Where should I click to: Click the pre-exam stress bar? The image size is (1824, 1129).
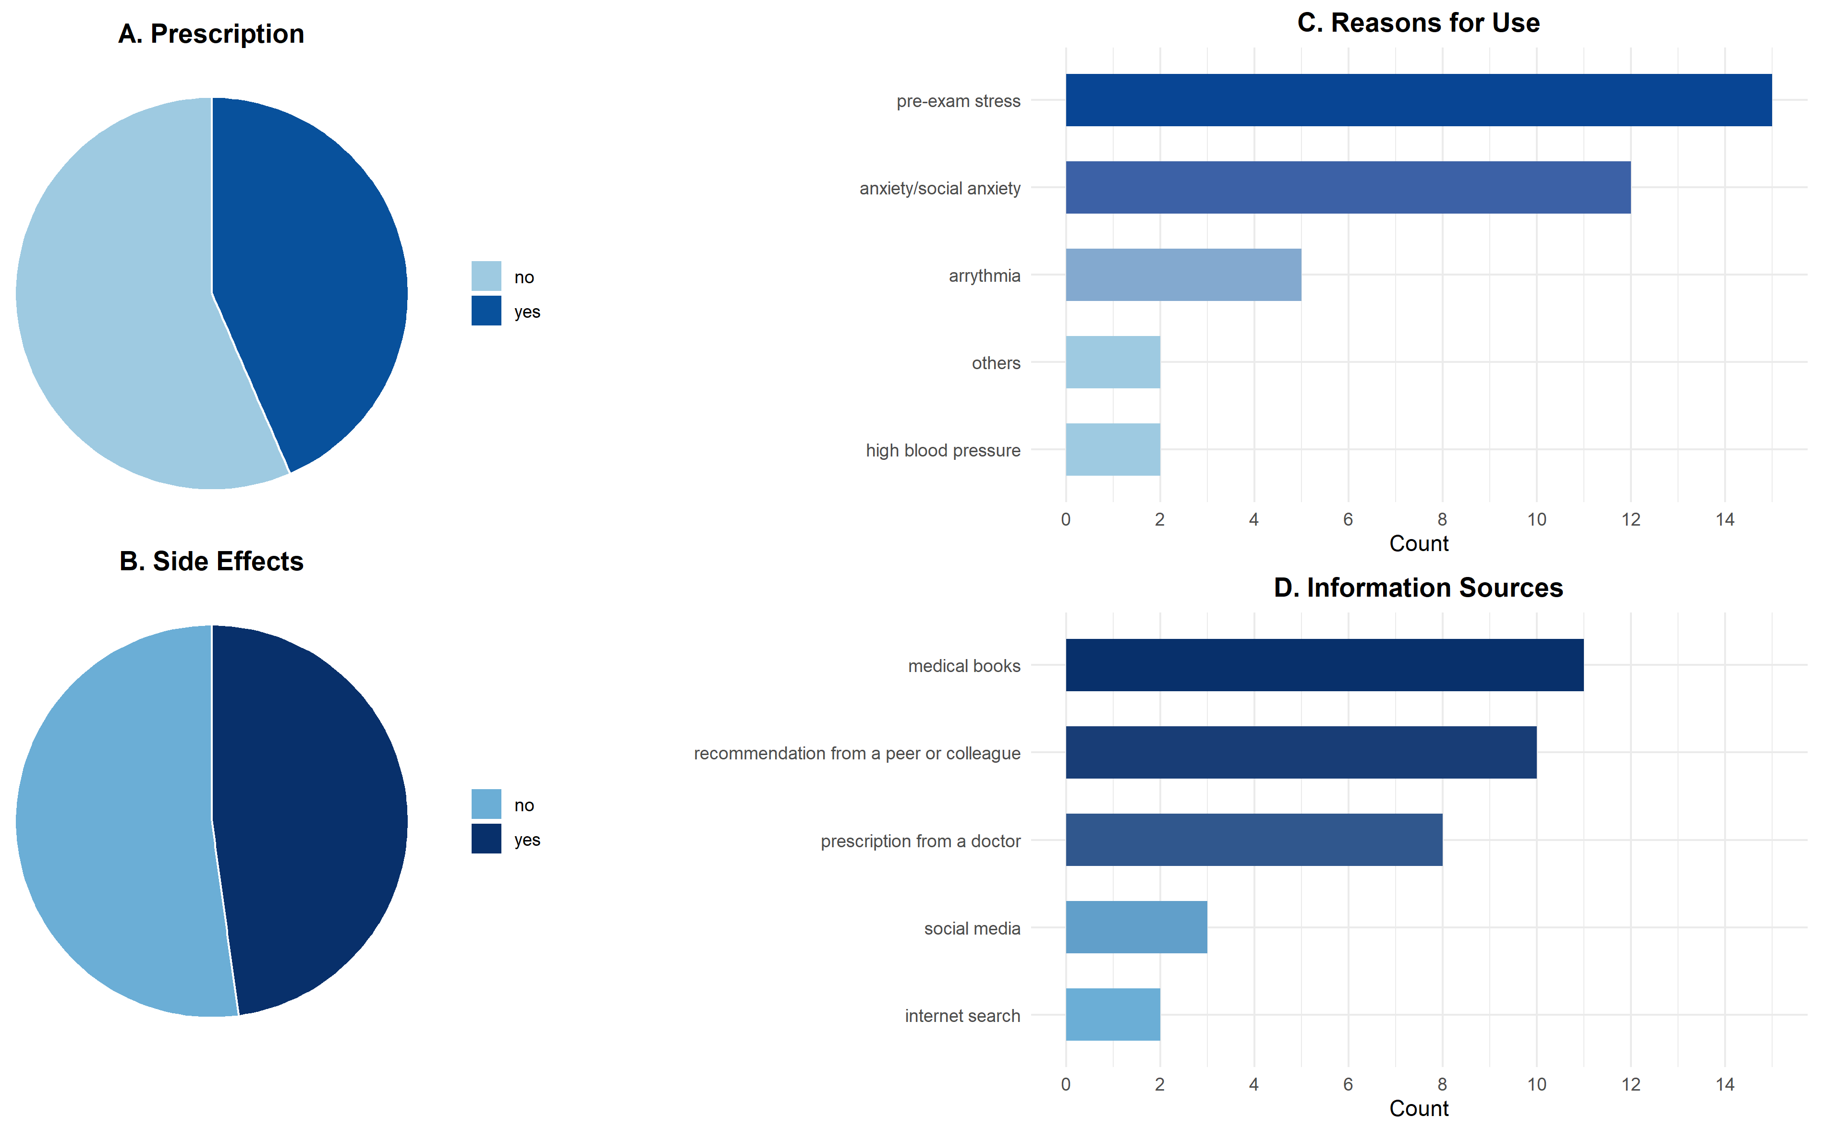coord(1418,100)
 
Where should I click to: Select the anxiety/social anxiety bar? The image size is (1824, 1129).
coord(1348,187)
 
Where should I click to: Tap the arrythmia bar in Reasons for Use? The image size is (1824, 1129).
coord(1183,275)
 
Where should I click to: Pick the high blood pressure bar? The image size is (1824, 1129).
coord(1113,449)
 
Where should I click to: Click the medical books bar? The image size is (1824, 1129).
coord(1325,664)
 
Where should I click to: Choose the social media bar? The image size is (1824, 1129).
coord(1136,926)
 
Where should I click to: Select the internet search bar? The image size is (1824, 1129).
coord(1113,1014)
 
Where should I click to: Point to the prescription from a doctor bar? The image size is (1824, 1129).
coord(1254,839)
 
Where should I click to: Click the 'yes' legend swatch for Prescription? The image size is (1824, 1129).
coord(486,311)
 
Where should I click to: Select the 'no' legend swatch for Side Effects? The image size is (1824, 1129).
coord(486,804)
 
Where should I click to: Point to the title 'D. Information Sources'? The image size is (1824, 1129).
coord(1418,588)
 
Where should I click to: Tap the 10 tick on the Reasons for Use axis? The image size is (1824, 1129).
coord(1536,520)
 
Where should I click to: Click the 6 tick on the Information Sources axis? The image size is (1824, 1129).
coord(1348,1084)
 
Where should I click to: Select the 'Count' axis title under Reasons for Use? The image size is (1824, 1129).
coord(1418,543)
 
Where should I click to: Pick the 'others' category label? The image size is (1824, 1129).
coord(996,363)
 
